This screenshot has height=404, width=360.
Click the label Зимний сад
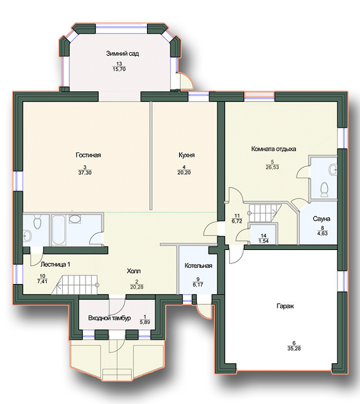tap(122, 53)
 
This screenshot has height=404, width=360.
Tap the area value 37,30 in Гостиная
tap(85, 173)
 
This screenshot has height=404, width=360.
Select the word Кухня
tap(186, 155)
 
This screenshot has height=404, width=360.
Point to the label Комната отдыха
tap(273, 149)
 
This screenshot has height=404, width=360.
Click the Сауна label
tap(321, 218)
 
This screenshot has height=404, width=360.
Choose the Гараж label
tap(285, 306)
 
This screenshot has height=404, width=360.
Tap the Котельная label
tap(198, 265)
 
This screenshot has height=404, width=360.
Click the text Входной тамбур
tap(109, 318)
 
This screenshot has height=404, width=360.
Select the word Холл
tap(133, 271)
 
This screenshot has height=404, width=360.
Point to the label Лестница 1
tap(55, 264)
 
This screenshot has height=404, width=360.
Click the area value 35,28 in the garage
tap(294, 348)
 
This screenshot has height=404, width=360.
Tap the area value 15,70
tap(119, 69)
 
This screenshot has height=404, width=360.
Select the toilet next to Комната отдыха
tap(324, 189)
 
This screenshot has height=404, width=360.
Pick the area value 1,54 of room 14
tap(263, 241)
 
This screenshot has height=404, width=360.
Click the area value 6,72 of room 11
tap(237, 221)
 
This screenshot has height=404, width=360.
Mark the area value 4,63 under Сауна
tap(322, 233)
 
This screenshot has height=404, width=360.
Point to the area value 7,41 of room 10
tap(42, 281)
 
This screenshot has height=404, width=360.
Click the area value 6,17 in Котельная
tap(197, 284)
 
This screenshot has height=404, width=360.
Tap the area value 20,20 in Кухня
tap(184, 172)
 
